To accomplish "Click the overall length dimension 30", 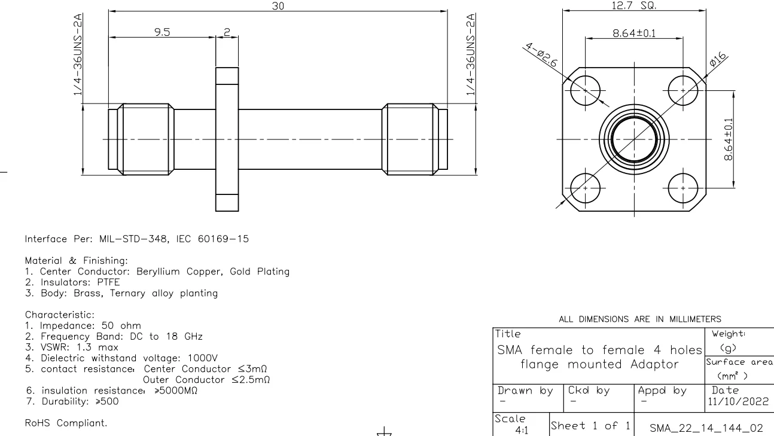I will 278,5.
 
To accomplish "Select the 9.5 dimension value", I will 162,32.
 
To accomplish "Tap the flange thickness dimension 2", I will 227,32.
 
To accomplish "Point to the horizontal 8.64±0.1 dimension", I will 634,33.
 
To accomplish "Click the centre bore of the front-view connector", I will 633,139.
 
